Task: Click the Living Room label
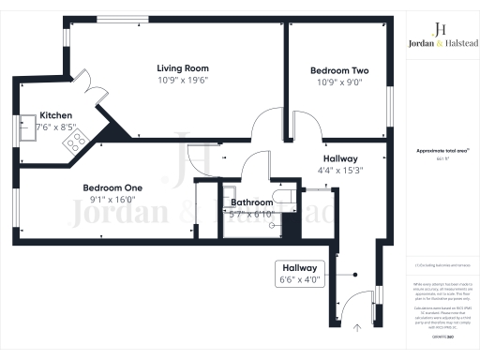pyautogui.click(x=182, y=67)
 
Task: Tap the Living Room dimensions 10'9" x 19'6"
pyautogui.click(x=182, y=80)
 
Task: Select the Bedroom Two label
pyautogui.click(x=337, y=70)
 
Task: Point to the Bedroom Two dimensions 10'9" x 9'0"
pyautogui.click(x=337, y=82)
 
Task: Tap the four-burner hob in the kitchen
pyautogui.click(x=74, y=141)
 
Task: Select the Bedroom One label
pyautogui.click(x=112, y=186)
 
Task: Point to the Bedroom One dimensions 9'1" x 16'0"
pyautogui.click(x=112, y=198)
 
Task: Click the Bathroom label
pyautogui.click(x=252, y=202)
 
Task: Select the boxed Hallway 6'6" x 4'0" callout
pyautogui.click(x=299, y=274)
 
